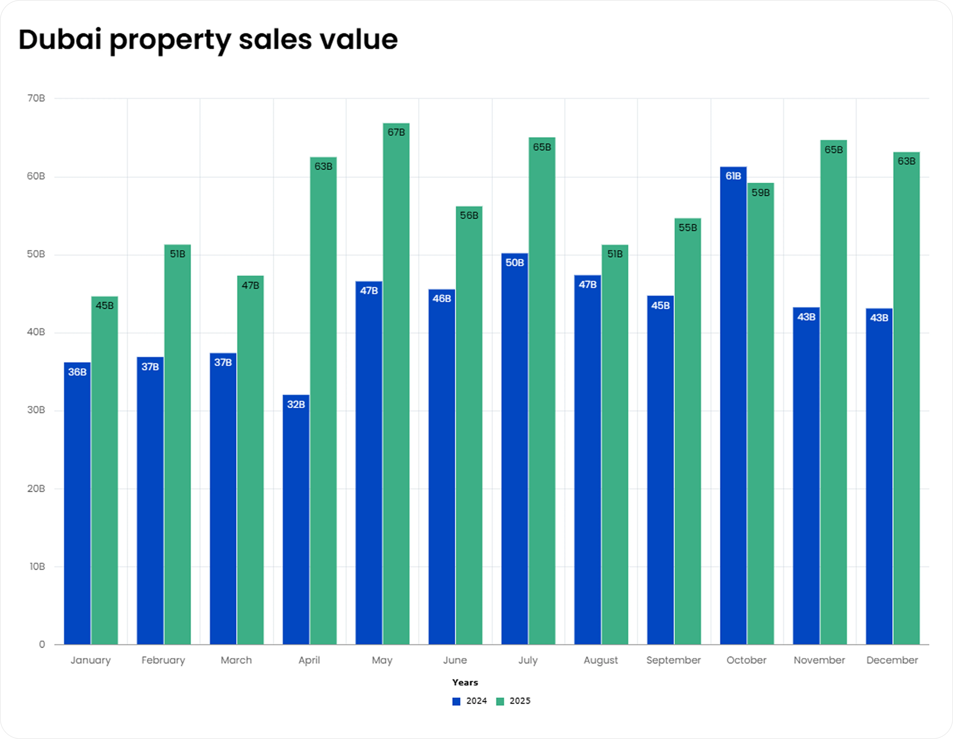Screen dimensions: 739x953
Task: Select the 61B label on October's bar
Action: coord(733,176)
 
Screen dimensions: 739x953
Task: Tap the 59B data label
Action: coord(761,193)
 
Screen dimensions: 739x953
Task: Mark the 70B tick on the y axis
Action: coord(36,98)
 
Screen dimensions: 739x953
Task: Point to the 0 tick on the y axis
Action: coord(42,644)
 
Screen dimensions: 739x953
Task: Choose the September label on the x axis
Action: coord(673,660)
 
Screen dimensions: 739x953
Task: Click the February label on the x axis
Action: coord(163,660)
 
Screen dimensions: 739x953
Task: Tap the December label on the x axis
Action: coord(892,660)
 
